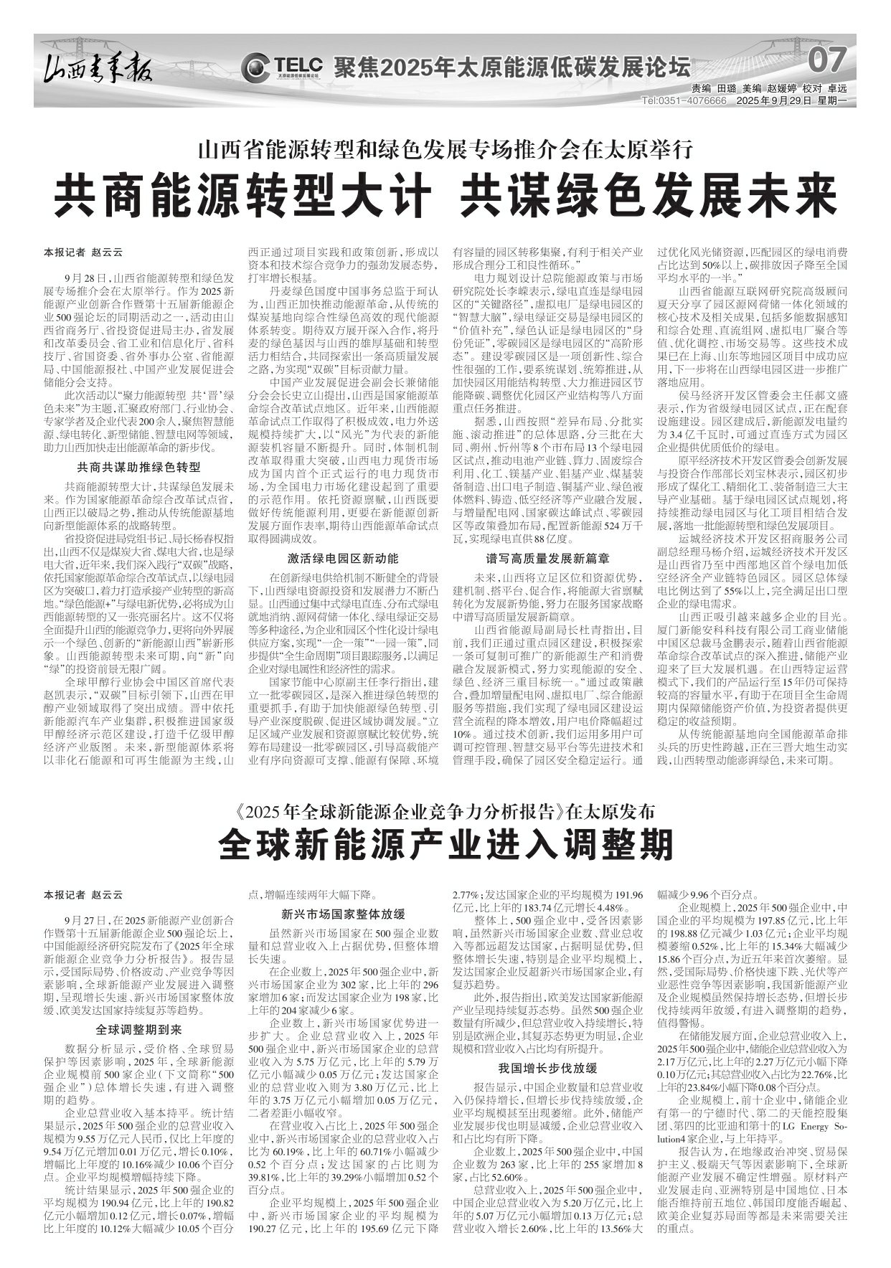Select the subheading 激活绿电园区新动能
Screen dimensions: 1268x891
pyautogui.click(x=343, y=557)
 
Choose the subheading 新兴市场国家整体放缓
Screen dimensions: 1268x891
pyautogui.click(x=343, y=914)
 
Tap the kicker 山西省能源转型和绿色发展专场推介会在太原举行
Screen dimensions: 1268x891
pyautogui.click(x=445, y=151)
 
